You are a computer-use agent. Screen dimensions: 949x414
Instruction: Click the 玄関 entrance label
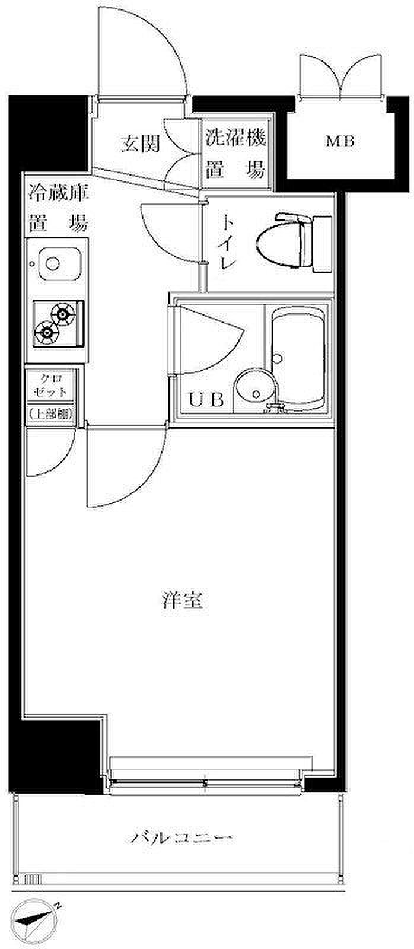click(x=140, y=144)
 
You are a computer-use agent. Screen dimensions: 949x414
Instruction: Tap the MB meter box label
click(x=340, y=142)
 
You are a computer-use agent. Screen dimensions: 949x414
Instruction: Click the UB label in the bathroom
click(x=206, y=400)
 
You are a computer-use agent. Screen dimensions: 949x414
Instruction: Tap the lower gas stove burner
click(x=46, y=331)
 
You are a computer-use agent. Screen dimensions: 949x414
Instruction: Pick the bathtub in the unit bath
click(x=298, y=356)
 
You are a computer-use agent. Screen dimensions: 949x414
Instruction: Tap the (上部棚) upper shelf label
click(x=50, y=415)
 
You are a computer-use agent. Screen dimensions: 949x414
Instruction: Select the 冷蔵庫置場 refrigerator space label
click(x=58, y=208)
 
